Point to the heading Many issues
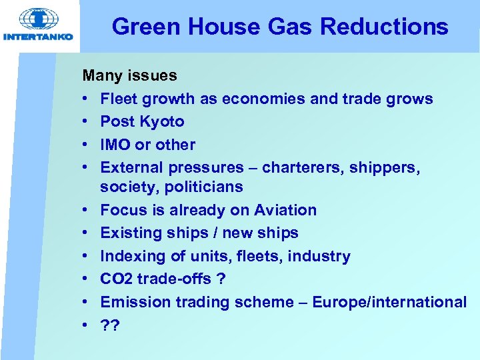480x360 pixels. (x=129, y=75)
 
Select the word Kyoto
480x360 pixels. (x=163, y=121)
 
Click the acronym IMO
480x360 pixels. (x=117, y=145)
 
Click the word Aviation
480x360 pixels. (x=285, y=210)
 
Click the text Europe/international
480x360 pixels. (x=400, y=302)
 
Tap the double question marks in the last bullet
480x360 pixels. (x=109, y=325)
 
